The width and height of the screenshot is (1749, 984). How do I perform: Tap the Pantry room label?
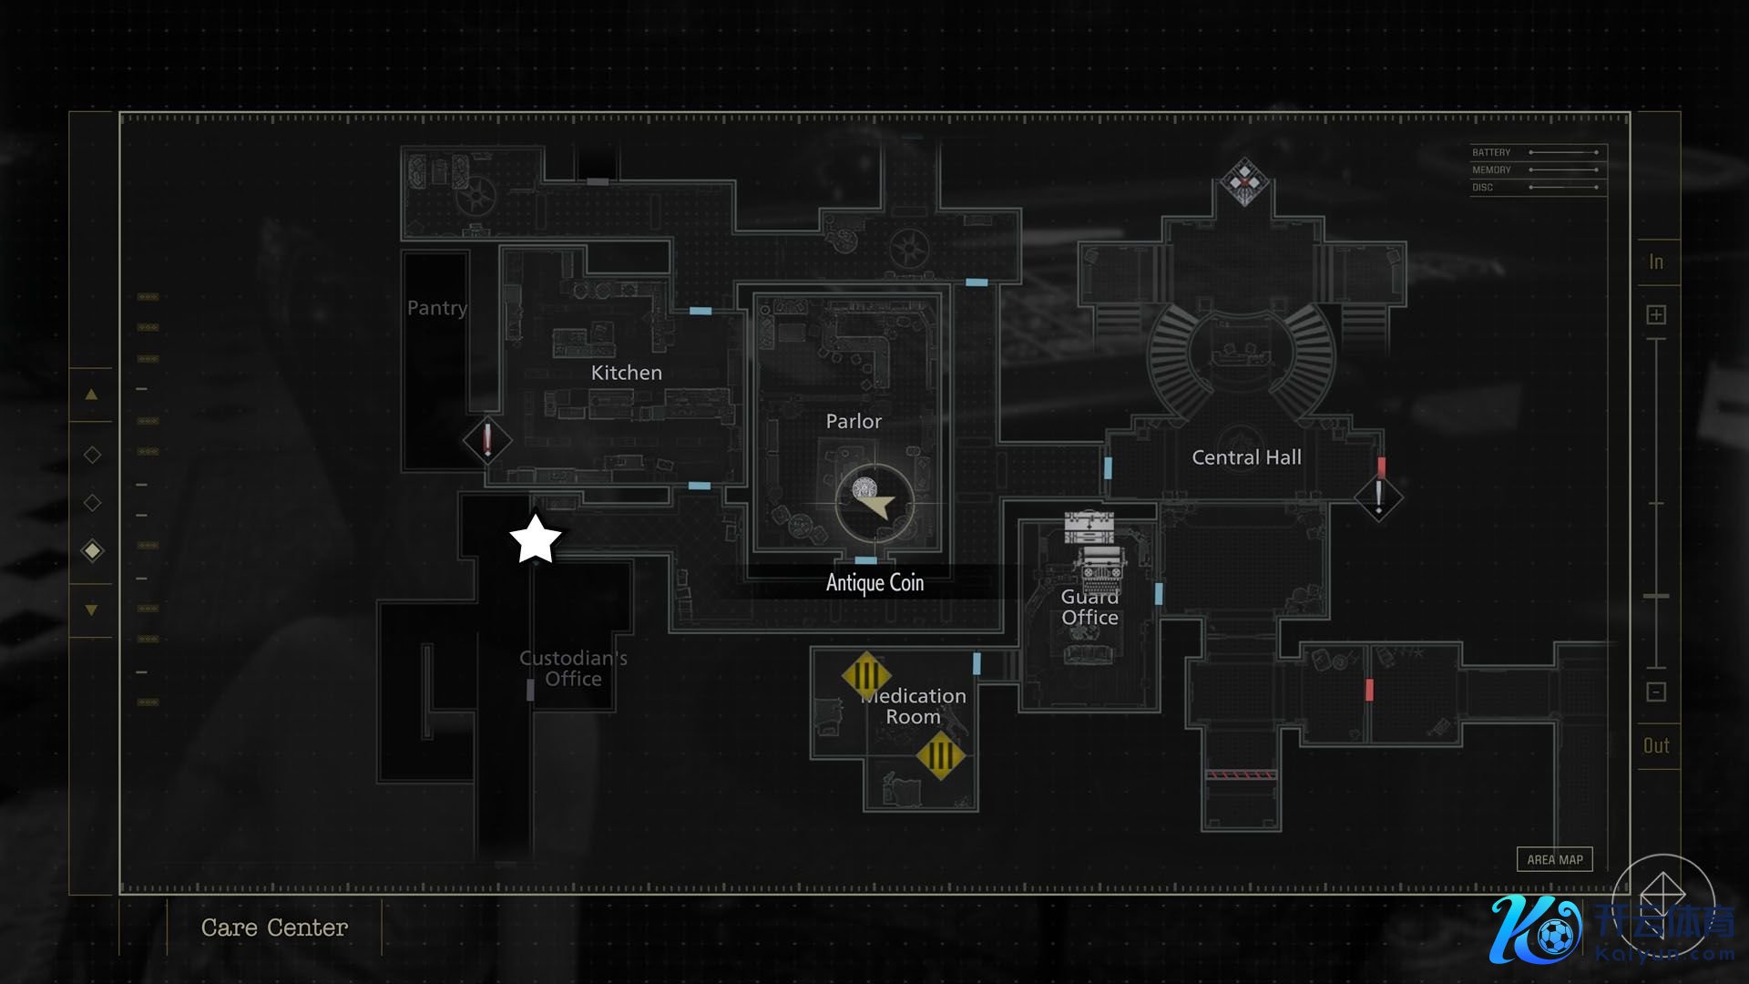436,308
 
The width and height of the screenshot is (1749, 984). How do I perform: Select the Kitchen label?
626,373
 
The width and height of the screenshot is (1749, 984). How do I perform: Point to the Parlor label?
854,421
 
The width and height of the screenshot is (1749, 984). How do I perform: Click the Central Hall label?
1246,457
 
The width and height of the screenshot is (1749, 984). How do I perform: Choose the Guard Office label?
1089,608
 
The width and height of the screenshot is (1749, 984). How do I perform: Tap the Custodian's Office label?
573,668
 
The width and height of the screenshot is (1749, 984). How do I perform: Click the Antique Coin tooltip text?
874,583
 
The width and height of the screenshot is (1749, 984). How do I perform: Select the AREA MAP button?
1554,859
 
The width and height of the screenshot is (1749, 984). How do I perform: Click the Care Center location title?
274,928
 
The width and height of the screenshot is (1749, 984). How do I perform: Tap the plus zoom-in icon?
1656,315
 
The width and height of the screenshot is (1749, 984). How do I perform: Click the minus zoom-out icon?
1656,692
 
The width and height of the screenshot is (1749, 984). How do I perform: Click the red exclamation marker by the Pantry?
487,440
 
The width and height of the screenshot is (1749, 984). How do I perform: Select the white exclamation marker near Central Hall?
1378,497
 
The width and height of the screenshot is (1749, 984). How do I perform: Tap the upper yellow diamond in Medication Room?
866,676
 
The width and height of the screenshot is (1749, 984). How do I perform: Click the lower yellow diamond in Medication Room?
940,755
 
